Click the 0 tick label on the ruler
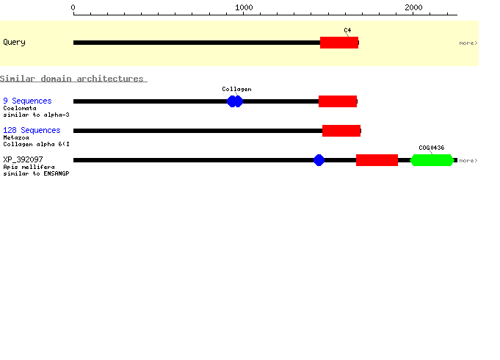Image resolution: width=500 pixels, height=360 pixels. click(73, 7)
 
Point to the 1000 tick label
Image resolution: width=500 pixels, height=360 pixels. click(244, 7)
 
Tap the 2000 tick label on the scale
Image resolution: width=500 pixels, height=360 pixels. click(413, 7)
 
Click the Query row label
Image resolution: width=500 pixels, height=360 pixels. click(15, 42)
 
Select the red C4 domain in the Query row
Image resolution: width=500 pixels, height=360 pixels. click(339, 43)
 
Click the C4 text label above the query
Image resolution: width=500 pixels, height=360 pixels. click(347, 30)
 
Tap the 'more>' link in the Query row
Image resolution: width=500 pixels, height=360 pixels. click(468, 43)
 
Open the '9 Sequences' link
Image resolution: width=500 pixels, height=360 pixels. click(27, 101)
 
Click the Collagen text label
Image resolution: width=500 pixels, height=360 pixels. click(236, 89)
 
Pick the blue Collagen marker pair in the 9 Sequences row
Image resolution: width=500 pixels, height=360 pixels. click(235, 101)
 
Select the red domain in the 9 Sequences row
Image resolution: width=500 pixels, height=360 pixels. click(338, 101)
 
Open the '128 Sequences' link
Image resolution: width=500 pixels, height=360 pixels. click(32, 130)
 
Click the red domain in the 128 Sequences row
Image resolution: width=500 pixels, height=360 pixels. click(341, 131)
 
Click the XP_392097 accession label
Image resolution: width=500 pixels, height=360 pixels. click(23, 159)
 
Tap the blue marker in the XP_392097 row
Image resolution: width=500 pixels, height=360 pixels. click(319, 160)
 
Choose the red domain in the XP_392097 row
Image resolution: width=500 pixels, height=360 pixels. click(377, 160)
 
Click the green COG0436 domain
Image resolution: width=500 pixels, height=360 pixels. click(432, 160)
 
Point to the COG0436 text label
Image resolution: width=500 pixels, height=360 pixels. click(432, 148)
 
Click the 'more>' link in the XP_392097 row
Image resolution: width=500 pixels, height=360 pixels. click(468, 160)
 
